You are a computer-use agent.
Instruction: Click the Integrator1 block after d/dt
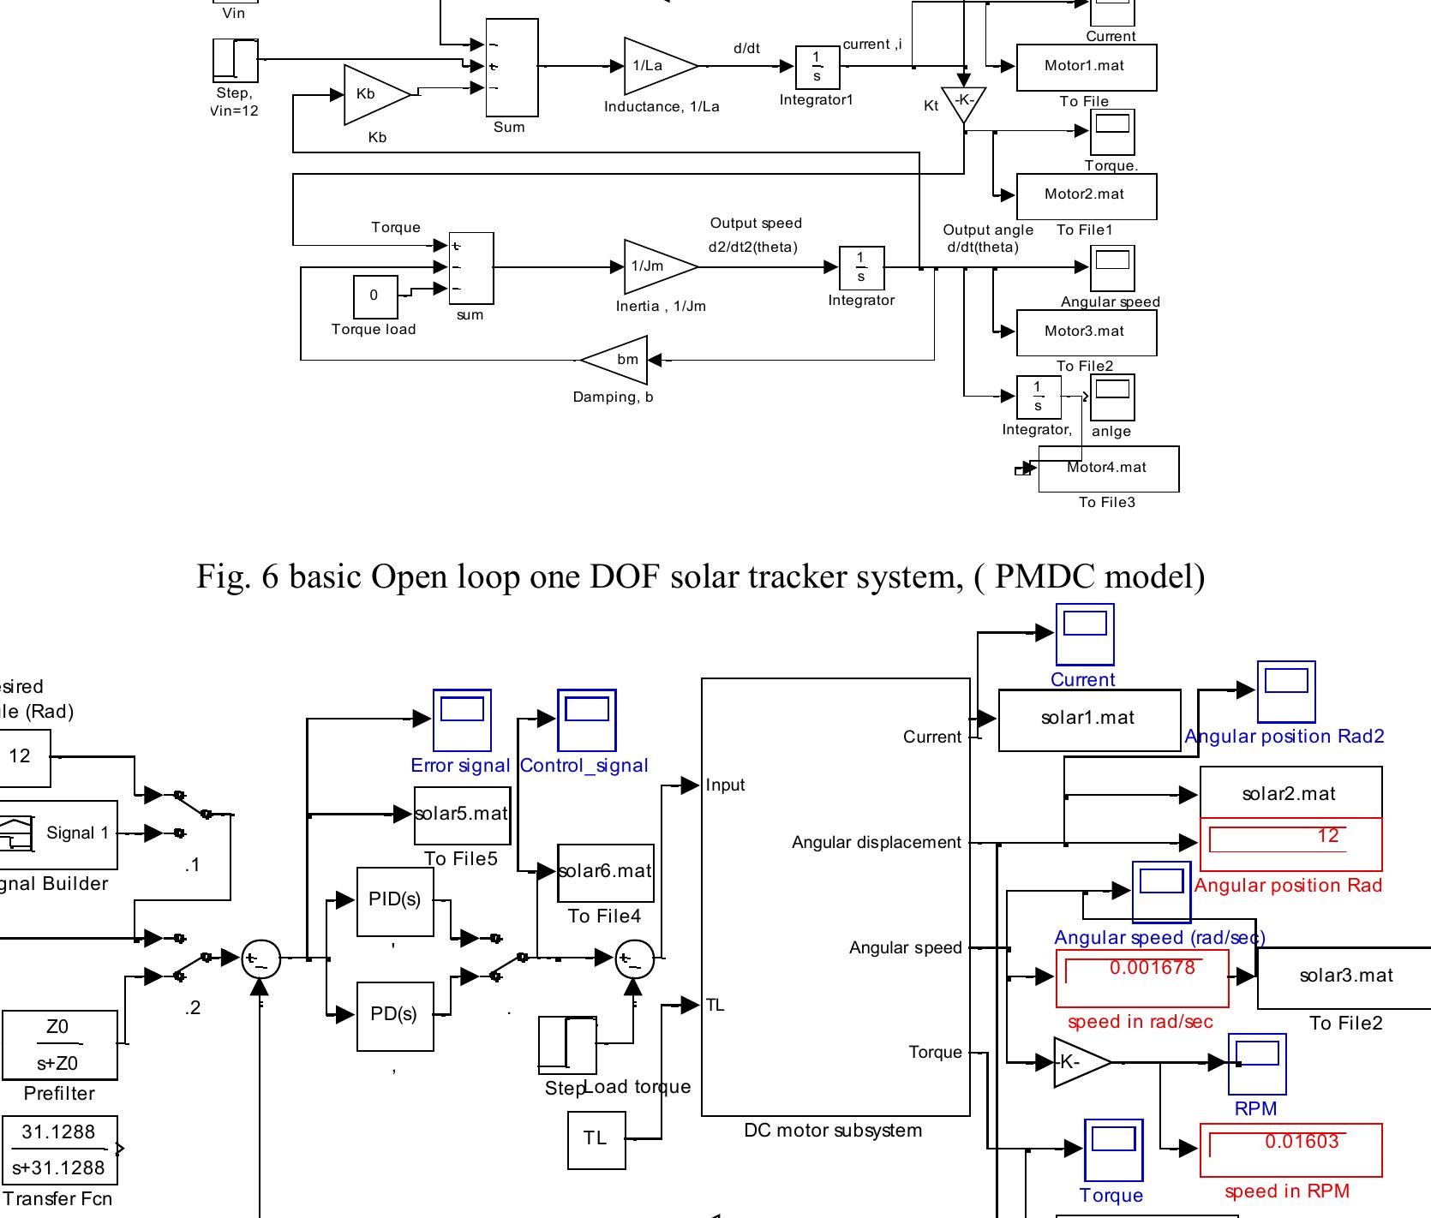click(x=817, y=67)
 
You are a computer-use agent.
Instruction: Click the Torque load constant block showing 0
click(x=375, y=296)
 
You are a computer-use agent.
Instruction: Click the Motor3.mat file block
click(x=1086, y=331)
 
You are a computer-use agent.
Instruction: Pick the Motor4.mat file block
click(x=1108, y=469)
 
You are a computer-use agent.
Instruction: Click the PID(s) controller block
click(x=394, y=900)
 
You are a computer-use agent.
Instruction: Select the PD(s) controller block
click(x=394, y=1015)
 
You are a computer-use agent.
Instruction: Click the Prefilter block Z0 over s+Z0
click(x=58, y=1045)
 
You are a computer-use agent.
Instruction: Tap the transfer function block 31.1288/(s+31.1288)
click(x=58, y=1149)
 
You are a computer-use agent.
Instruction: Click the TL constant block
click(x=596, y=1139)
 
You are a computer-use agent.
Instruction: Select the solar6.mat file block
click(x=605, y=872)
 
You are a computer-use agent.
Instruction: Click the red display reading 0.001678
click(x=1141, y=978)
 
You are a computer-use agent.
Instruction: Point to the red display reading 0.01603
click(x=1290, y=1150)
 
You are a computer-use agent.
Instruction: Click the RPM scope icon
click(x=1257, y=1064)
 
